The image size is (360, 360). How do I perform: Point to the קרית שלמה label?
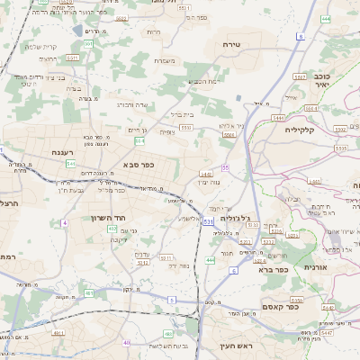point(40,47)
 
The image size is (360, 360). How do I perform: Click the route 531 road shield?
point(208,220)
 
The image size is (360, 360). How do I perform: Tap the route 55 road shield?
point(225,168)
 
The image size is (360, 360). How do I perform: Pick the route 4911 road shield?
point(58,332)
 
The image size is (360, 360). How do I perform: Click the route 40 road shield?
point(127,343)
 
